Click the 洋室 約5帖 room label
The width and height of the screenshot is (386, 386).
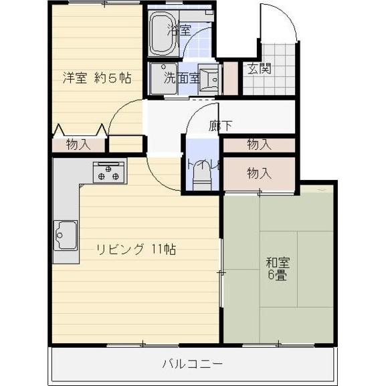97,78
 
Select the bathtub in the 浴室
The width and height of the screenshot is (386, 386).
161,33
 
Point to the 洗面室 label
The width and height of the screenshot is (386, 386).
182,78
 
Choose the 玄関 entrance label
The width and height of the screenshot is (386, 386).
258,69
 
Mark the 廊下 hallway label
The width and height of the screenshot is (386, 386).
220,125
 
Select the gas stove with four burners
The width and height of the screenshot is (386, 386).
109,173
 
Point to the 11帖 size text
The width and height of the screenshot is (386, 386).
164,250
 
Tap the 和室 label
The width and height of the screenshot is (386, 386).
277,263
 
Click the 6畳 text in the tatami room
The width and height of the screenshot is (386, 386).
277,275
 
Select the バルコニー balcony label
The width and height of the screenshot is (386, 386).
192,364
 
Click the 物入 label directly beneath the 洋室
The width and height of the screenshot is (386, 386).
78,144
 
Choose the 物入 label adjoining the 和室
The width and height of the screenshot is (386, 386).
259,173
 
